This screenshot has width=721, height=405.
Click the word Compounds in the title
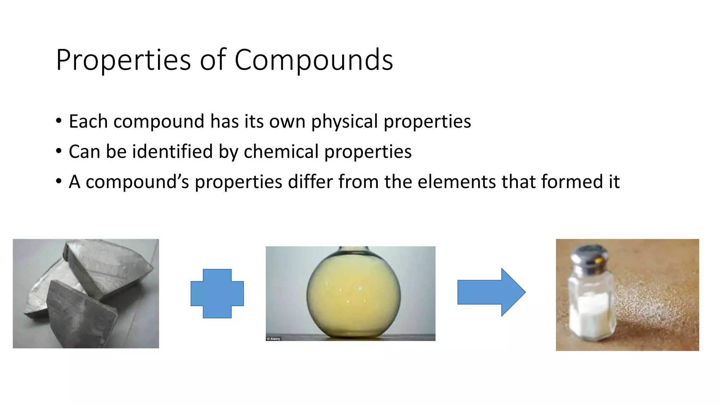click(x=313, y=60)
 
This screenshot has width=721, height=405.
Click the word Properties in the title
click(x=123, y=60)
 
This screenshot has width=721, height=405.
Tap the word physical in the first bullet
click(x=344, y=122)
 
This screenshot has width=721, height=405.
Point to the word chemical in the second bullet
click(x=281, y=152)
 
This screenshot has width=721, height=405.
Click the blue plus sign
click(x=217, y=294)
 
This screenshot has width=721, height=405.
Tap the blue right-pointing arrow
click(x=491, y=292)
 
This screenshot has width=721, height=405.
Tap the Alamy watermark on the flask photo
click(x=274, y=339)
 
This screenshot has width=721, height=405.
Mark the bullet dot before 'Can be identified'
click(x=58, y=152)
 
